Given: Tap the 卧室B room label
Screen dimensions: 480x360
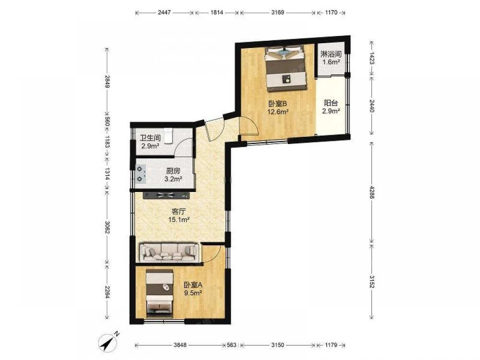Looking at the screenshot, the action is pos(277,104).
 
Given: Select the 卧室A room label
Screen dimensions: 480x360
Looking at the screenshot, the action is pos(193,285).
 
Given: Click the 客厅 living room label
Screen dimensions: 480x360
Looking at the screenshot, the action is pos(179,212).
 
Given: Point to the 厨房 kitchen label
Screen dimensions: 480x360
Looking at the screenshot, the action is pos(173,171).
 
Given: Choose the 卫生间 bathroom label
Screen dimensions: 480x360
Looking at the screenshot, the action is pos(150,138).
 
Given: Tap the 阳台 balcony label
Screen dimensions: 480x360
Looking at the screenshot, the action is pos(331,103).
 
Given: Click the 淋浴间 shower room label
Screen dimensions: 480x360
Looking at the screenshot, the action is pos(331,55).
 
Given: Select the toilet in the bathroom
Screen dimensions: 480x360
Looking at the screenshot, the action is pos(168,136).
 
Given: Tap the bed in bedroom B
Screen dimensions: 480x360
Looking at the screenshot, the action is pos(286,69).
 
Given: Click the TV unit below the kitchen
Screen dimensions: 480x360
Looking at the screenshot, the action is pos(167,195).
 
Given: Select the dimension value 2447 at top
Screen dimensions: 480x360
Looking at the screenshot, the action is pos(164,12).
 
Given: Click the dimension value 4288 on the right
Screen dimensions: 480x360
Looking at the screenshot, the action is pos(372,192).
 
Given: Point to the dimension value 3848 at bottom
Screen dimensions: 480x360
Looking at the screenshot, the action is pos(180,345).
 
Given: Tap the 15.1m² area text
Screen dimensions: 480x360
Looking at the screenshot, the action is pos(179,219).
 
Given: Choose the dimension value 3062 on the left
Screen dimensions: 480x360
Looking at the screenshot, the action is pos(107,228).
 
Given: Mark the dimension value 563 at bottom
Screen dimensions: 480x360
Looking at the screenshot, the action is pos(232,345).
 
